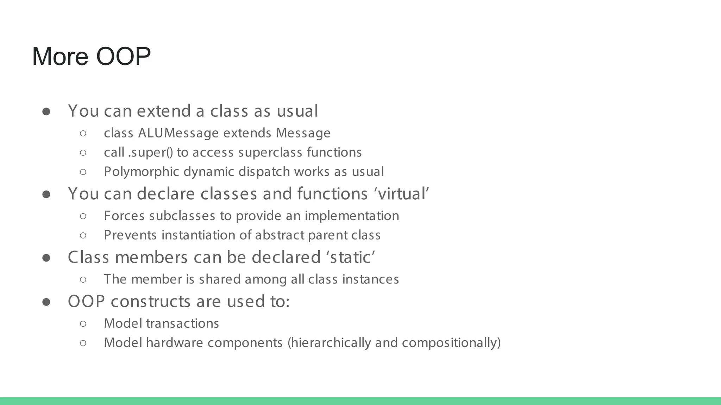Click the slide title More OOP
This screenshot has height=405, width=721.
click(x=91, y=56)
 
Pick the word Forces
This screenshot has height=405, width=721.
click(x=124, y=216)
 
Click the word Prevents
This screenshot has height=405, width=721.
click(x=130, y=235)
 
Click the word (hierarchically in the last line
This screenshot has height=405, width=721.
click(x=329, y=343)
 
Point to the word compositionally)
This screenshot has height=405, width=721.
click(x=451, y=343)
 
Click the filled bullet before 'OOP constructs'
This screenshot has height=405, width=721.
click(x=46, y=302)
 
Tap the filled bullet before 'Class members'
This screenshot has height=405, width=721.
click(x=46, y=258)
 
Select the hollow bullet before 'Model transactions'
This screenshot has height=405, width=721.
click(x=83, y=323)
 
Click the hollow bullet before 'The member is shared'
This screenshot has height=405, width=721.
click(x=83, y=279)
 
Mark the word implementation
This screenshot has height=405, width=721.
click(x=352, y=216)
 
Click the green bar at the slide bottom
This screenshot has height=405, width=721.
click(x=360, y=401)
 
